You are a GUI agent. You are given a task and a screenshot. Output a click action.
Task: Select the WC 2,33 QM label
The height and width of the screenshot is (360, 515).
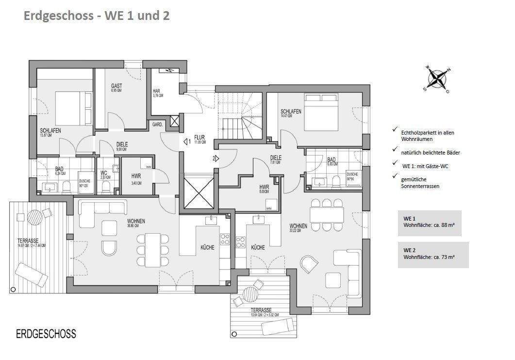tap(104, 175)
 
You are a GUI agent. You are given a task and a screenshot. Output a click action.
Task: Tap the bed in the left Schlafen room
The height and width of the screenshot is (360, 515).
tap(73, 108)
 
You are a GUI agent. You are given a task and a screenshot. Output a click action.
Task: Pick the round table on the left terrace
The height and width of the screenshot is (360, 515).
tap(35, 217)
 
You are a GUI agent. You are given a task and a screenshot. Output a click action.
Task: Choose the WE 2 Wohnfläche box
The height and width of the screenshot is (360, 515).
tap(433, 254)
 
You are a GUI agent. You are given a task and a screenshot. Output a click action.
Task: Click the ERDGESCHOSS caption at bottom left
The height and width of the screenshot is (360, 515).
tap(46, 334)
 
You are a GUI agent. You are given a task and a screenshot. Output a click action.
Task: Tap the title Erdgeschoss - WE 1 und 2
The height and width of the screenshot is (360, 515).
tap(96, 16)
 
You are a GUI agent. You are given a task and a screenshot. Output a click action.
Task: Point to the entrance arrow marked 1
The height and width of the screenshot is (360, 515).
tap(187, 142)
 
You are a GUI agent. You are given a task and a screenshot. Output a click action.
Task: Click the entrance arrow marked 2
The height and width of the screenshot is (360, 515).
tap(216, 158)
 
